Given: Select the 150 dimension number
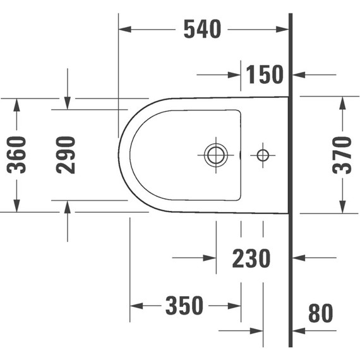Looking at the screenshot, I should [265, 75].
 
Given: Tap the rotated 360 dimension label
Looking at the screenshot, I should [17, 155].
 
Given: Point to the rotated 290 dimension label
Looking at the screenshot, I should [66, 155].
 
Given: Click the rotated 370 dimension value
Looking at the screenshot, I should [342, 155].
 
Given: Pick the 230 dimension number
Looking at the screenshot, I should [251, 258].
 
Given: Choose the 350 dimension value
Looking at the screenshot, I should [184, 306].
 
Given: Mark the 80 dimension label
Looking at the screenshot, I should [320, 313].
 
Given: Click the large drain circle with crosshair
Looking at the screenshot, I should [216, 155].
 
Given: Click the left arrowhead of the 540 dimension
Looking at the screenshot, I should [125, 29].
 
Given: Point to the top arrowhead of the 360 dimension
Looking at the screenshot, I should [17, 103].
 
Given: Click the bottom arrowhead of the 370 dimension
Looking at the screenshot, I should [342, 208].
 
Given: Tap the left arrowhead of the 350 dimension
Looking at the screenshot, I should [136, 306].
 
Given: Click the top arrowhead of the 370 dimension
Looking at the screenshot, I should [342, 102].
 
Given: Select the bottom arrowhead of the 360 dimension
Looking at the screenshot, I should [17, 207].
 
